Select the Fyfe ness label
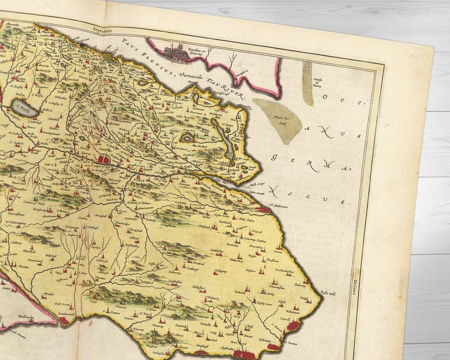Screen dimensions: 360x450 328,294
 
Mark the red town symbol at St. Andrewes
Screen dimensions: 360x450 262,210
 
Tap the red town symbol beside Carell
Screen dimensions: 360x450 292,326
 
